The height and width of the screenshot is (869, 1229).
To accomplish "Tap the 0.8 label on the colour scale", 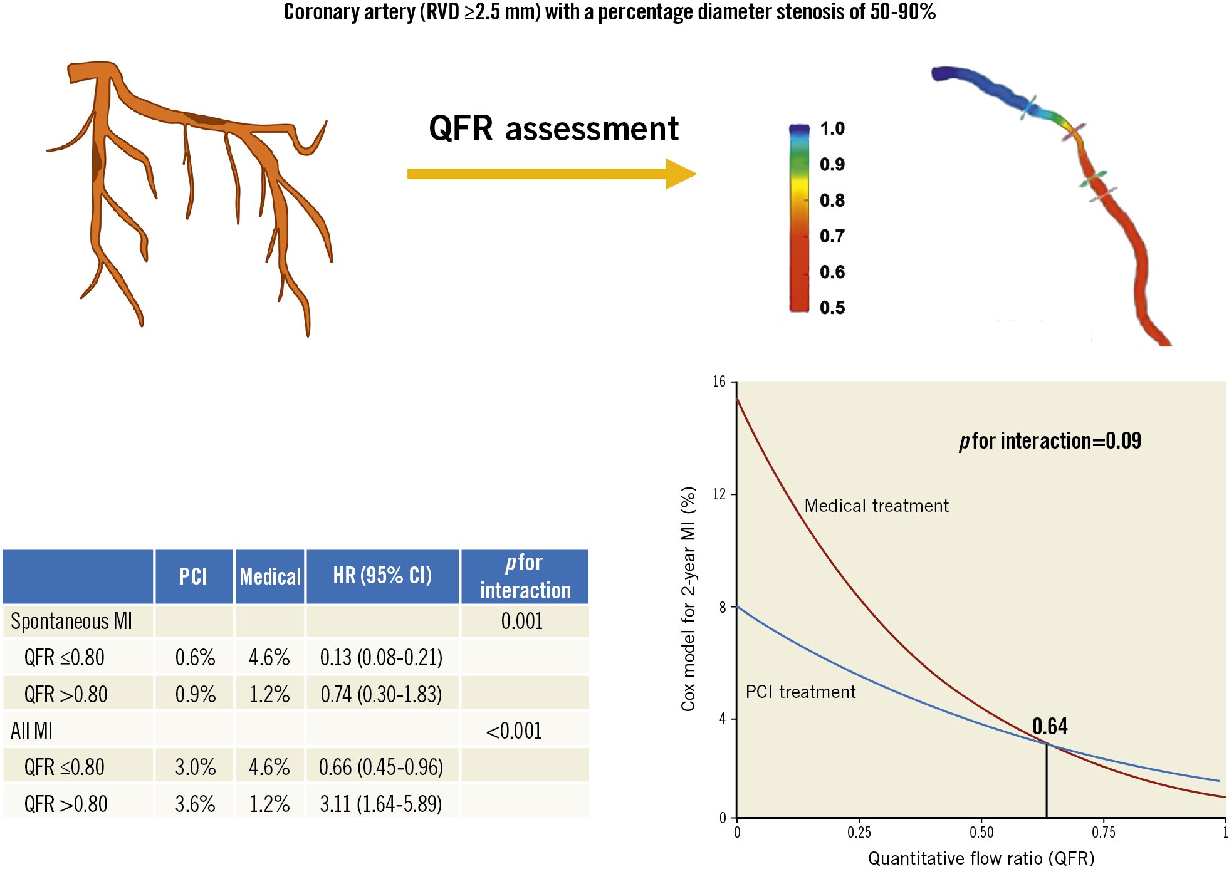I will click(x=832, y=200).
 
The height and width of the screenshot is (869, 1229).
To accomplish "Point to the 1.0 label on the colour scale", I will click(x=832, y=128).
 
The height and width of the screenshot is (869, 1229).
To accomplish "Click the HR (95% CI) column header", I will click(x=382, y=575).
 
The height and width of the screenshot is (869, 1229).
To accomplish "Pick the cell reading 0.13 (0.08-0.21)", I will click(x=381, y=657).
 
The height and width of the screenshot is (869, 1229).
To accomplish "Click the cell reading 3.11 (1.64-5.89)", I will click(x=381, y=803).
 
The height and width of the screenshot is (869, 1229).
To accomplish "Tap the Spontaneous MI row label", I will click(x=71, y=621).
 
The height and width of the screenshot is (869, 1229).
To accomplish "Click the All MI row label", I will click(x=31, y=731).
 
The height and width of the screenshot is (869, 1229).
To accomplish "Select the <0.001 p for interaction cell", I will click(x=513, y=731).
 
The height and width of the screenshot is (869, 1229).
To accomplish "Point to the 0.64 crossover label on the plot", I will click(x=1050, y=726).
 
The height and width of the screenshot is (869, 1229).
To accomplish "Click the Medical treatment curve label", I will click(x=876, y=506).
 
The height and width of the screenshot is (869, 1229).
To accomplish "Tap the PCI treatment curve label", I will click(x=800, y=692).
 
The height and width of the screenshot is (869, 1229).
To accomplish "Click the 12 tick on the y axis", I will click(x=719, y=494).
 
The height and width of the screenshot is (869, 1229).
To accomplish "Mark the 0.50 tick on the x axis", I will click(x=981, y=832).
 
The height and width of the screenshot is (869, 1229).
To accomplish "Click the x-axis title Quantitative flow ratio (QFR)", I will click(x=981, y=858).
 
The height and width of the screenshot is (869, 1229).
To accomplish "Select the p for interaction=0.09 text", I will click(x=1050, y=441).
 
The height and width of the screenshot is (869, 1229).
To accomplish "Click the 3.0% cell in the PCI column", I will click(x=195, y=767).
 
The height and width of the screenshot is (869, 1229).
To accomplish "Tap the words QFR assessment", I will click(x=553, y=128).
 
